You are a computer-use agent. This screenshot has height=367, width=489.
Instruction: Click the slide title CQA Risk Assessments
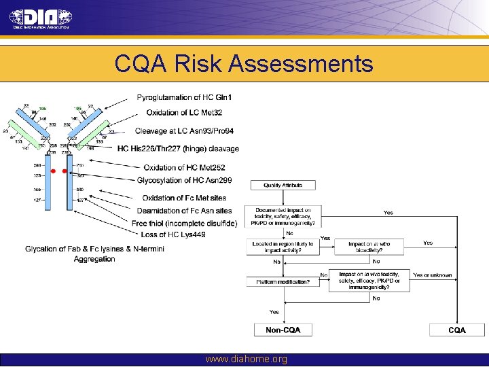[x=244, y=64]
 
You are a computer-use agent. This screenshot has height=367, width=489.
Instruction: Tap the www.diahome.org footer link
[x=246, y=359]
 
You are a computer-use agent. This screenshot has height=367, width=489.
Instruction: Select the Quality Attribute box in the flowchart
[x=283, y=185]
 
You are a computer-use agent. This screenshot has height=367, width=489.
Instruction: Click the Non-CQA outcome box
[x=283, y=330]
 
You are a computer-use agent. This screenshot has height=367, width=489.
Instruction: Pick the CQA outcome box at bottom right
[x=456, y=330]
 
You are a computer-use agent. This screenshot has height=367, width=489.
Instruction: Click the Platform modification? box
[x=283, y=281]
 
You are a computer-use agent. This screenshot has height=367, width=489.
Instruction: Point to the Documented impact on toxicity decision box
[x=283, y=216]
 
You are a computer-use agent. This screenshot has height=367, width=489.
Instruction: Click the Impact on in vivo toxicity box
[x=369, y=281]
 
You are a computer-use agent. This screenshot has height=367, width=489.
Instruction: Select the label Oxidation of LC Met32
[x=184, y=113]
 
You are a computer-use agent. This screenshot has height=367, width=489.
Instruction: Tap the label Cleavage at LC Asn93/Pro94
[x=184, y=131]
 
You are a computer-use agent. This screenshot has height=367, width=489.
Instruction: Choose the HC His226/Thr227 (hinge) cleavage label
[x=178, y=148]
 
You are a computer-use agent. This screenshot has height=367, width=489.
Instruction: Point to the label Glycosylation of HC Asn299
[x=179, y=180]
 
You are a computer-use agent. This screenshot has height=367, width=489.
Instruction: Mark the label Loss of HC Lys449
[x=173, y=234]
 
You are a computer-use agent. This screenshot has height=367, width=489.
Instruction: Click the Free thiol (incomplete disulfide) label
[x=184, y=223]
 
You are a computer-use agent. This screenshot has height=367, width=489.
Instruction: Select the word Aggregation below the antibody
[x=94, y=259]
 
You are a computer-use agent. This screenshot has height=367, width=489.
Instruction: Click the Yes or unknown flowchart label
[x=432, y=275]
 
